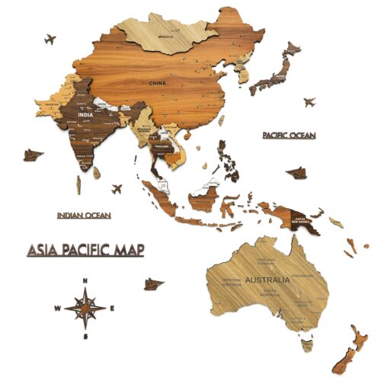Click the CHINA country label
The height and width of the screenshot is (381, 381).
pyautogui.click(x=157, y=82)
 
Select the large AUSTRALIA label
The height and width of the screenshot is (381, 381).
pyautogui.click(x=267, y=280)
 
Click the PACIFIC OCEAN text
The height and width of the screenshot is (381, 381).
pyautogui.click(x=289, y=135)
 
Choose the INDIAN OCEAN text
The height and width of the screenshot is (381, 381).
pyautogui.click(x=84, y=216)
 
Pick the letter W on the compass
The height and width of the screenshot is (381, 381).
pyautogui.click(x=57, y=309)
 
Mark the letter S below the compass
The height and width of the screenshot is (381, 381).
pyautogui.click(x=86, y=336)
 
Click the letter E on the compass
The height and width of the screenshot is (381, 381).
pyautogui.click(x=113, y=309)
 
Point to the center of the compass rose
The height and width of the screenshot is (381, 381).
pyautogui.click(x=86, y=309)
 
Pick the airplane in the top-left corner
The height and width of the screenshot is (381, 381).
pyautogui.click(x=50, y=38)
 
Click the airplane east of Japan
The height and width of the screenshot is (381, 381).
pyautogui.click(x=309, y=102)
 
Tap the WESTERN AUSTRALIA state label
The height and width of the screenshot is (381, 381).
pyautogui.click(x=232, y=283)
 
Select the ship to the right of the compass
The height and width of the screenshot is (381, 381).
pyautogui.click(x=154, y=283)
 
